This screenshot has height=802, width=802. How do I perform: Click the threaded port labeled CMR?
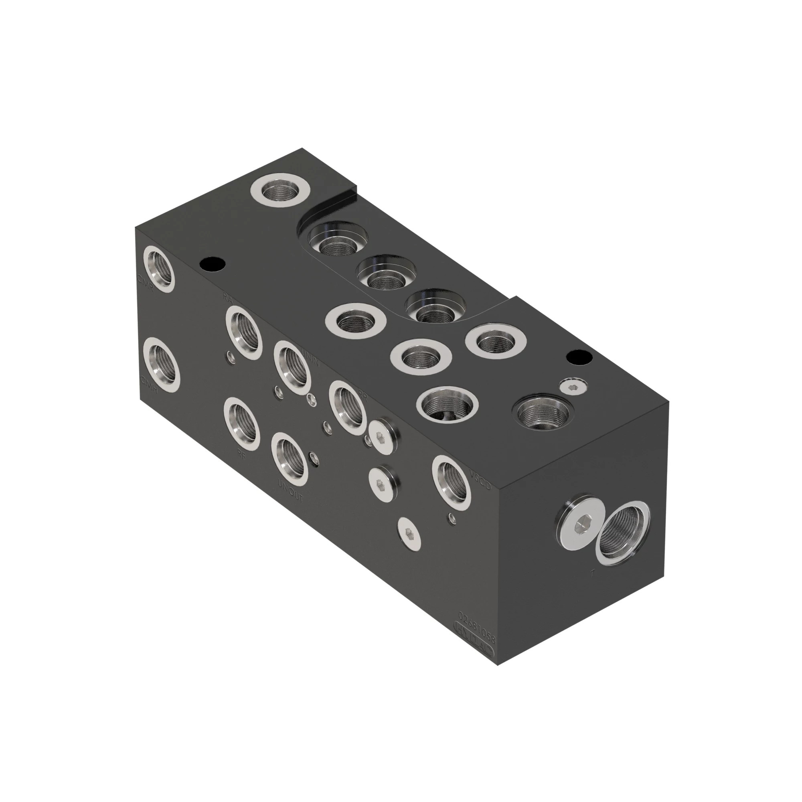[x=158, y=268]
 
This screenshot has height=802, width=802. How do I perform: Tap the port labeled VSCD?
[x=452, y=482]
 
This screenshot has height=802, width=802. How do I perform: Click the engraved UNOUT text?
[x=291, y=492]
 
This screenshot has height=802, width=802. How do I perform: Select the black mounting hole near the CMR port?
[x=212, y=263]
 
